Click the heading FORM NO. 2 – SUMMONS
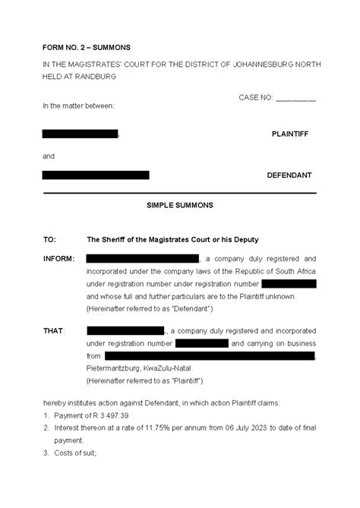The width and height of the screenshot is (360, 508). [85, 46]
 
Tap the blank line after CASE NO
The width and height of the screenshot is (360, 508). [295, 98]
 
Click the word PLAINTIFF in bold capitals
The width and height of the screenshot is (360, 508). [290, 134]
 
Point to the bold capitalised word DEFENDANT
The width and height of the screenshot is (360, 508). [289, 175]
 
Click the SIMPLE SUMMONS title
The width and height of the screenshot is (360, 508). [179, 205]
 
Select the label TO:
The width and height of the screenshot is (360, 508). [49, 239]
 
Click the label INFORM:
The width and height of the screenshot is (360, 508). [58, 259]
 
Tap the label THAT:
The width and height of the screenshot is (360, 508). [54, 331]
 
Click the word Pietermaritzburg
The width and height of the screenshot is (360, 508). [117, 368]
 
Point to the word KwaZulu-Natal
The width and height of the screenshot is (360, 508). [180, 368]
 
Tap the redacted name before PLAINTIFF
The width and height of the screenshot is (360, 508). [81, 134]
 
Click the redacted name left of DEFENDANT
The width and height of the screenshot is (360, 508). [96, 175]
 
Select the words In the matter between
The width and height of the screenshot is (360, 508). [79, 106]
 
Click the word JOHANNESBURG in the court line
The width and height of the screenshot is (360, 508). [268, 66]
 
